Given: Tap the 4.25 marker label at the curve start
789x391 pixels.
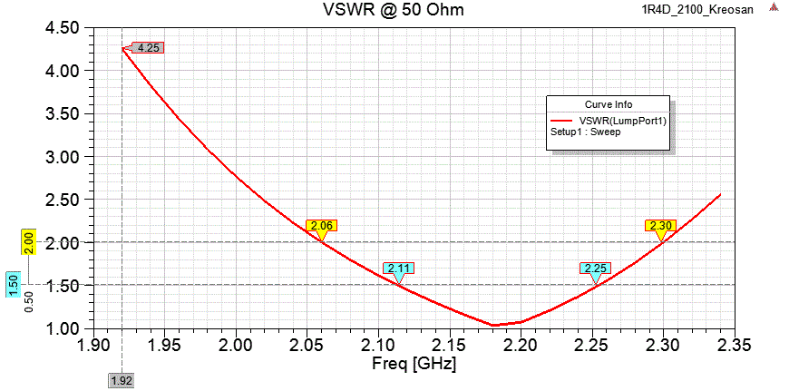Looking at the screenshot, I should pos(148,47).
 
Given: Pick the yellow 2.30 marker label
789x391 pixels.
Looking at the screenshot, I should pos(660,225).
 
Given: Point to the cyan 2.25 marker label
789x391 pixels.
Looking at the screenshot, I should pos(595,269).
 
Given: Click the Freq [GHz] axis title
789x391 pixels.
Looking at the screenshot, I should pos(413,366).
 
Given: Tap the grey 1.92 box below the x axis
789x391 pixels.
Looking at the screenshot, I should pos(122,381).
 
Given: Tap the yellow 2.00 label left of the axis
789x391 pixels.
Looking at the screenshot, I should pos(29,242).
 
